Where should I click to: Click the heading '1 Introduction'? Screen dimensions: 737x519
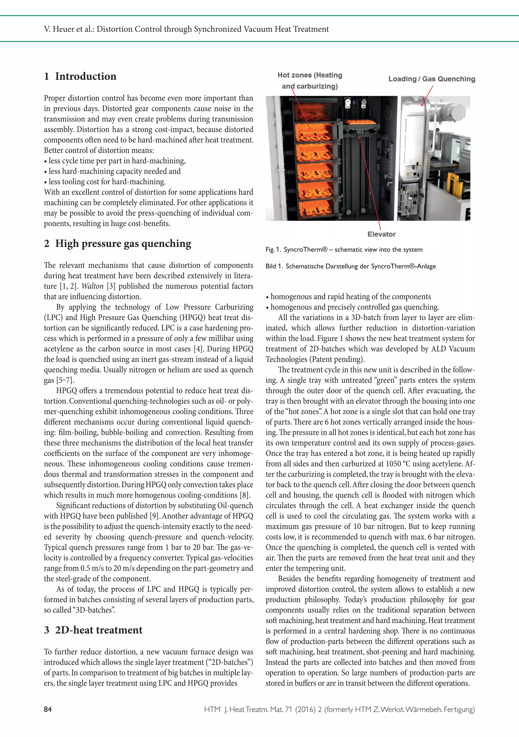(x=80, y=76)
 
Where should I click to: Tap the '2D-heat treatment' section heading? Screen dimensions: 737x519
(x=93, y=630)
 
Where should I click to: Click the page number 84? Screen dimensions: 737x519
(x=47, y=709)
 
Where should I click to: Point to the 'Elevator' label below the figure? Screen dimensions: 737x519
(x=381, y=234)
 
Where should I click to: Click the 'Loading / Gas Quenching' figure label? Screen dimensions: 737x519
(x=432, y=79)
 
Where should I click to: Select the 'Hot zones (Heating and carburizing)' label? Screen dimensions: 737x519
(x=310, y=80)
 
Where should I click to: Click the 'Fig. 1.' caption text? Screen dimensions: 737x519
(x=273, y=250)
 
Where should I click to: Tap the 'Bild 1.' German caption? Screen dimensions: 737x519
(x=274, y=266)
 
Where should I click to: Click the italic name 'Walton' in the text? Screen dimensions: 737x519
(x=93, y=286)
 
